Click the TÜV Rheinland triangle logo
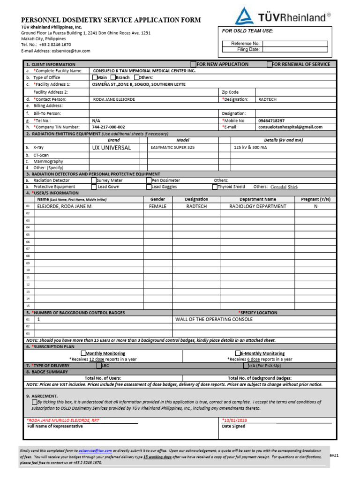pyautogui.click(x=244, y=15)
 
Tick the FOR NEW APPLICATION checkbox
pyautogui.click(x=193, y=64)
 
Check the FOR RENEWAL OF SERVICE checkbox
pyautogui.click(x=270, y=64)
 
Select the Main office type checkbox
pyautogui.click(x=95, y=77)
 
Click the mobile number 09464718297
pyautogui.click(x=271, y=120)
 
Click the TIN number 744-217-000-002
pyautogui.click(x=108, y=127)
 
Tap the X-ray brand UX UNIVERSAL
pyautogui.click(x=112, y=147)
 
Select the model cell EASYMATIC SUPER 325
pyautogui.click(x=172, y=147)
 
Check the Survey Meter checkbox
pyautogui.click(x=94, y=180)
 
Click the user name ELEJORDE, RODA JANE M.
pyautogui.click(x=65, y=206)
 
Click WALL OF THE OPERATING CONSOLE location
pyautogui.click(x=214, y=319)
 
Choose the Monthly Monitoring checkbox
pyautogui.click(x=83, y=353)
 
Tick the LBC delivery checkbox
pyautogui.click(x=99, y=365)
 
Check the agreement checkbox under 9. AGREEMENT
pyautogui.click(x=35, y=402)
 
